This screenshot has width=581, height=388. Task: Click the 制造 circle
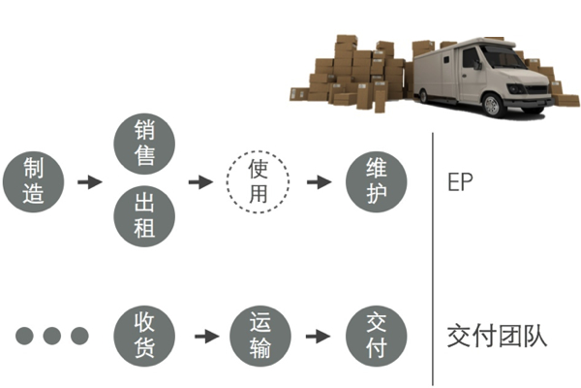(35, 181)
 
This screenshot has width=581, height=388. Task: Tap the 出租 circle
(144, 217)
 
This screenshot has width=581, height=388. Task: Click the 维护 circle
(376, 181)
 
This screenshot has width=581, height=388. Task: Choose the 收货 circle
(144, 336)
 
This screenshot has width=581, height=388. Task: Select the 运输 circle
(260, 336)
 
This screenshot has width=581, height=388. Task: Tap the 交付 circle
(376, 336)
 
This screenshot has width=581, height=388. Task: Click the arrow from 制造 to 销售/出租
(89, 181)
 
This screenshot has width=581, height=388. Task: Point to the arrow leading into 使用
(200, 181)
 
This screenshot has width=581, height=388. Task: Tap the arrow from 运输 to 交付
(319, 336)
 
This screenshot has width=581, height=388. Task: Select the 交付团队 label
(497, 336)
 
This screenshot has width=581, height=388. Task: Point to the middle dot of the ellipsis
(51, 336)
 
